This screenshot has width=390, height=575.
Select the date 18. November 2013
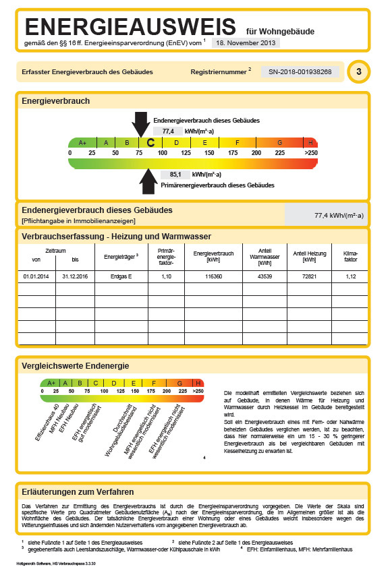pos(245,42)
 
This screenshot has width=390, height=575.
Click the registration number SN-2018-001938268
pos(300,71)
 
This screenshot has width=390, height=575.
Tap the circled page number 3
pos(358,71)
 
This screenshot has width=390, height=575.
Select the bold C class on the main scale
pos(150,143)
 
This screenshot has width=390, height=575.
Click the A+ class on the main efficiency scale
pos(82,143)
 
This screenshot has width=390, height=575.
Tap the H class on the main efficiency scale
pos(310,143)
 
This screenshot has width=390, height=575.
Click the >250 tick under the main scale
pos(310,153)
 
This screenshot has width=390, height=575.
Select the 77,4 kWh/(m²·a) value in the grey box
pos(339,216)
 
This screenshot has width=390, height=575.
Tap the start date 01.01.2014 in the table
pos(36,276)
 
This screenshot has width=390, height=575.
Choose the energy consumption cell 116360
pos(213,276)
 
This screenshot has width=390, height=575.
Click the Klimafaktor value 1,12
pos(350,276)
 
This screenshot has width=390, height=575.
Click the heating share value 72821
pos(309,276)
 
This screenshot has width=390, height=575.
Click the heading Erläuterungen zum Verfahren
pos(78,492)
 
